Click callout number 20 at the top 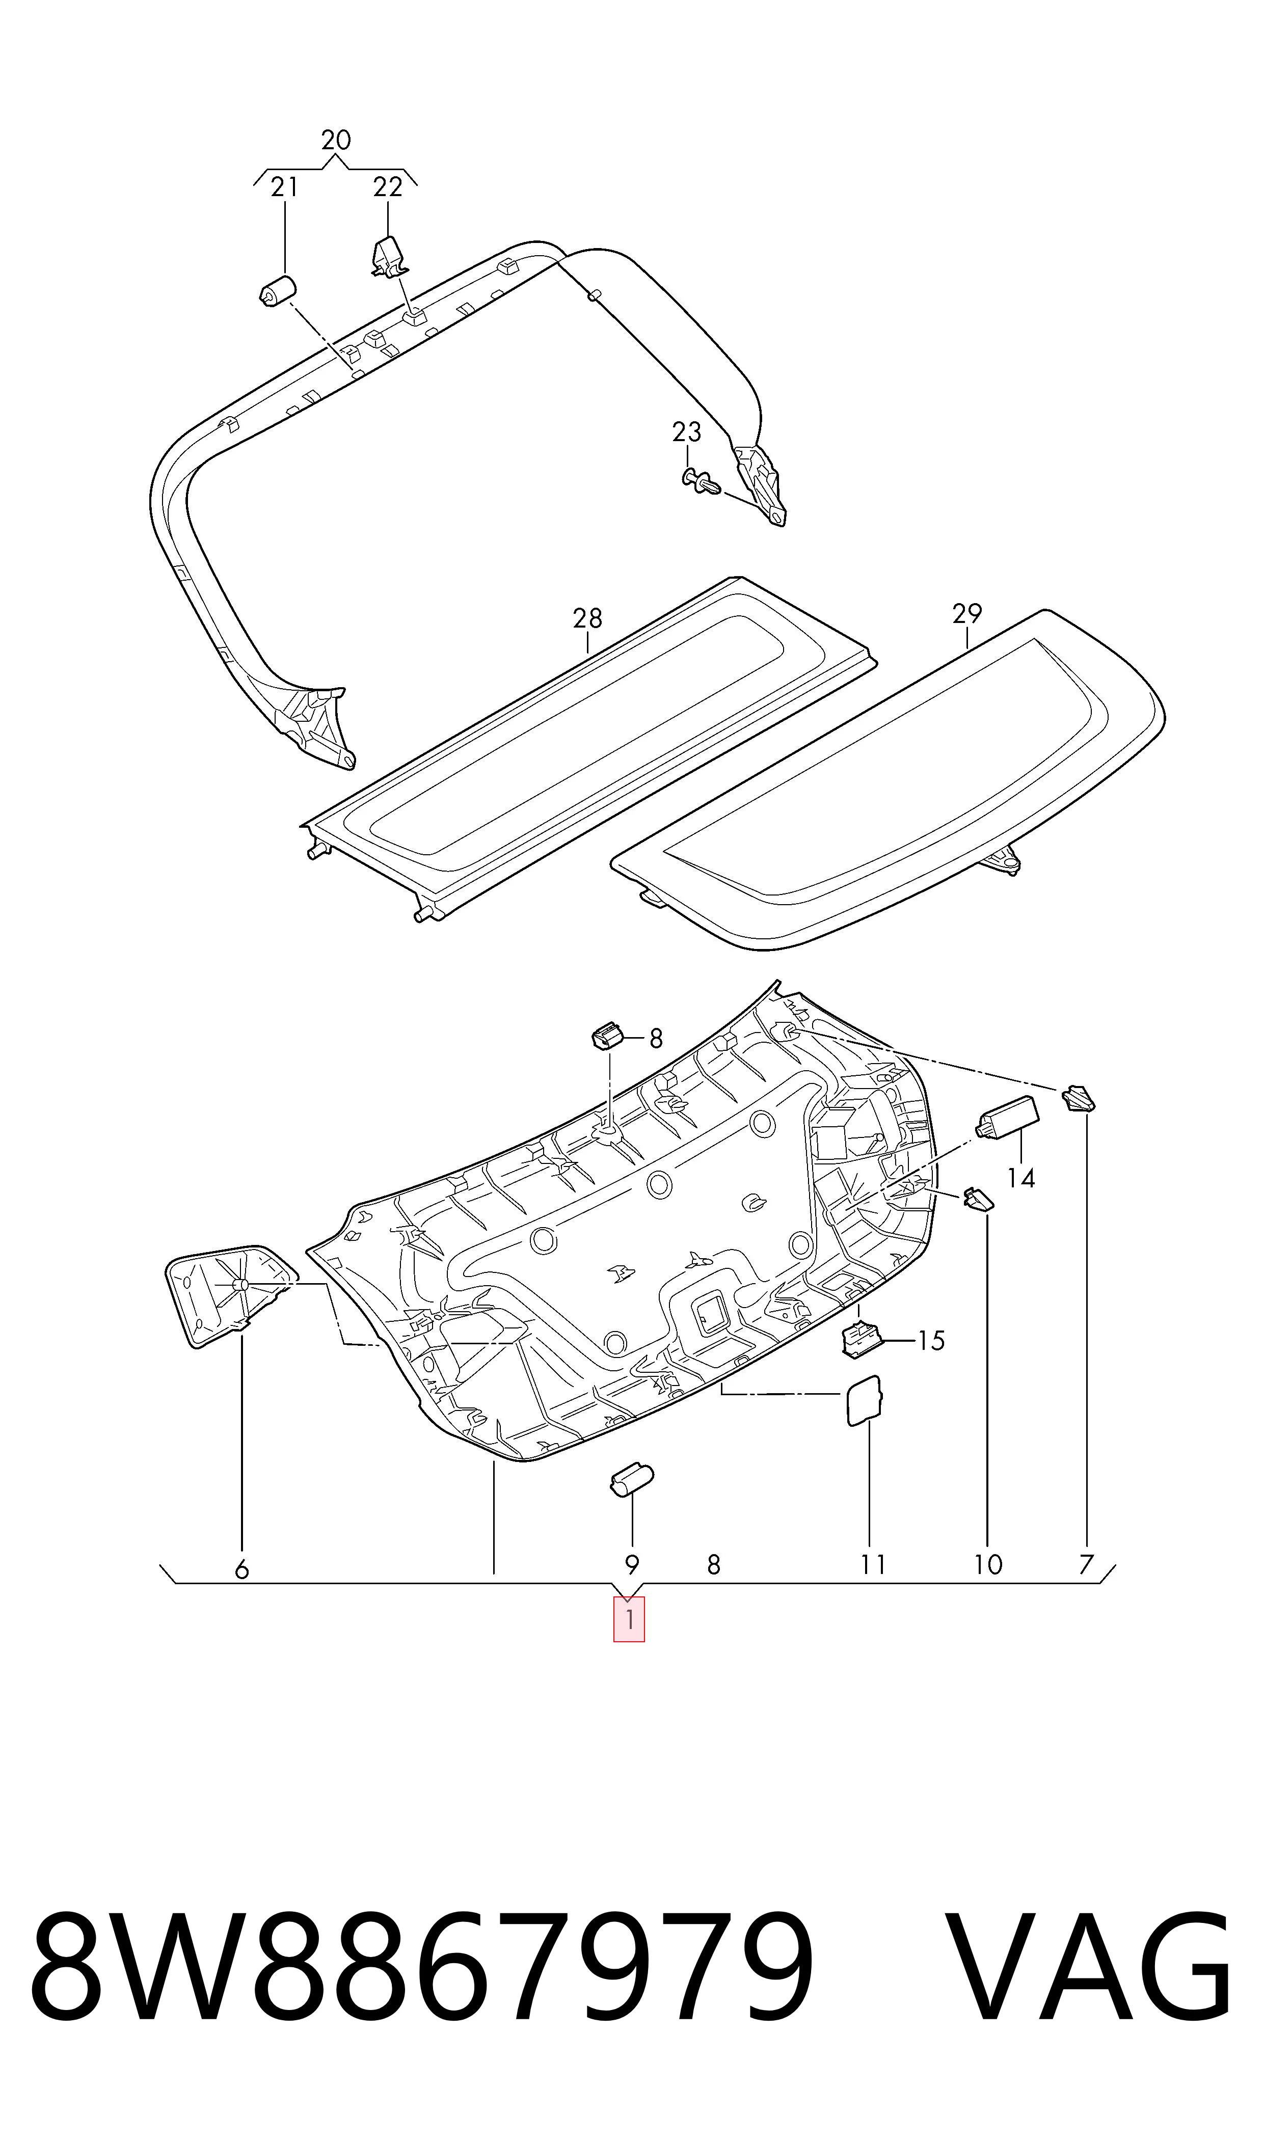coord(336,140)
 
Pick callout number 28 coord(588,618)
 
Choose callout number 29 coord(967,613)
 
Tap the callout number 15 coord(932,1341)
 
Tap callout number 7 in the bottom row coord(1086,1564)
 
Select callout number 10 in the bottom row coord(988,1564)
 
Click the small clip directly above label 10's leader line coord(979,1199)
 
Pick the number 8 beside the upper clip coord(656,1039)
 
